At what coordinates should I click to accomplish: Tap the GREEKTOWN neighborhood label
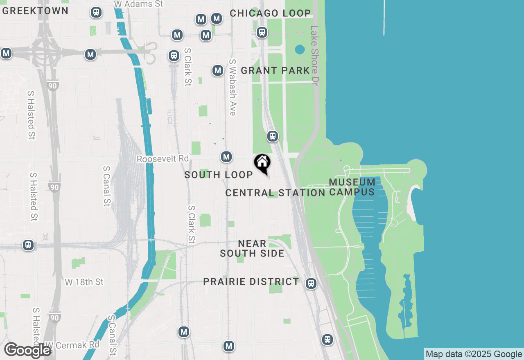[x=35, y=11]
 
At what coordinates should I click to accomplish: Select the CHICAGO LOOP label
[x=270, y=13]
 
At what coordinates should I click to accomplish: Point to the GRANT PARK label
[x=275, y=70]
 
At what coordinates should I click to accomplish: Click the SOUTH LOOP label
[x=219, y=175]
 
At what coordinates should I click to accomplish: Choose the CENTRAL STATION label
[x=275, y=193]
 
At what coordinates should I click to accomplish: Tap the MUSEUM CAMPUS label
[x=352, y=187]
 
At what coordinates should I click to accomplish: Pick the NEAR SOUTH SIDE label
[x=252, y=248]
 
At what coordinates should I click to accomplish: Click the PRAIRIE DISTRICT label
[x=251, y=281]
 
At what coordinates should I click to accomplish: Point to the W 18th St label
[x=84, y=282]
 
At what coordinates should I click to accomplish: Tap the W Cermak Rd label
[x=72, y=345]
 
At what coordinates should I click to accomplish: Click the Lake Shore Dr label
[x=314, y=56]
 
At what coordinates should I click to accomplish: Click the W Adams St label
[x=138, y=4]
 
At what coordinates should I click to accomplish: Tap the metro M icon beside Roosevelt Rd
[x=226, y=157]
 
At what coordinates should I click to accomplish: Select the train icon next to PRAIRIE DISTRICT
[x=311, y=283]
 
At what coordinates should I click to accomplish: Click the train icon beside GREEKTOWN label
[x=96, y=13]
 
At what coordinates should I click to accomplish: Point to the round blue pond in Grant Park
[x=300, y=49]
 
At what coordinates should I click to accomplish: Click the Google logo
[x=27, y=350]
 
